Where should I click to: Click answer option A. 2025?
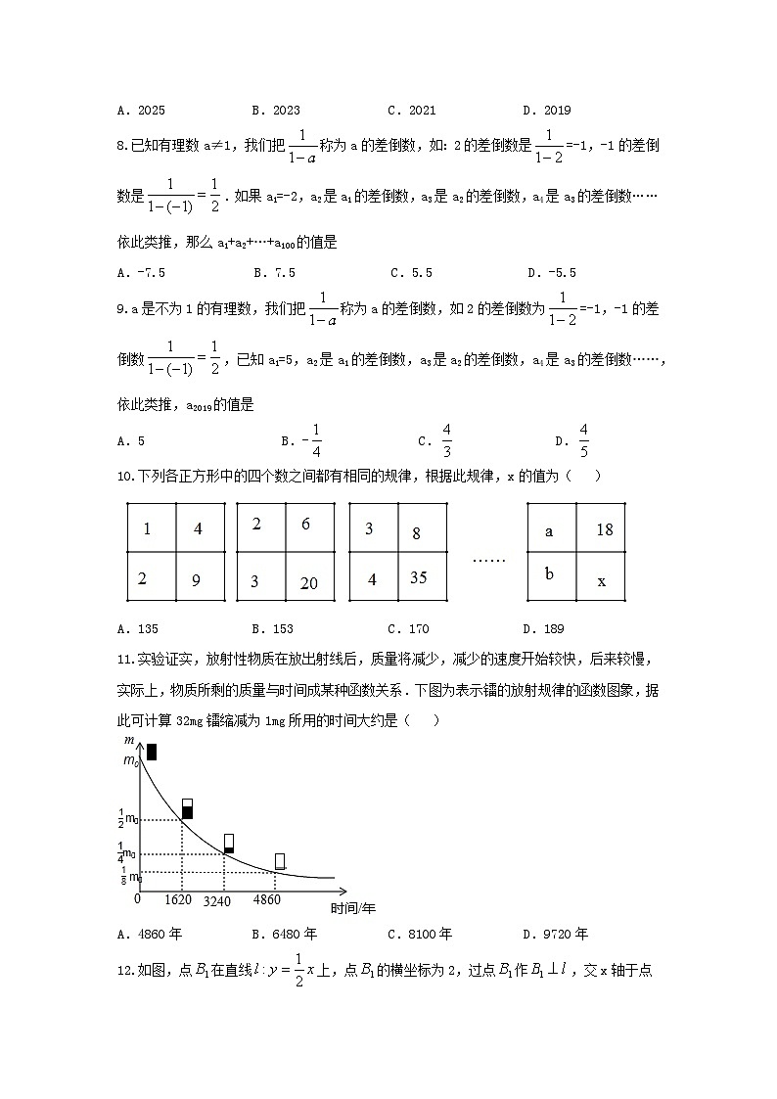click(140, 111)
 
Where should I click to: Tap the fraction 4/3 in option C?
click(446, 440)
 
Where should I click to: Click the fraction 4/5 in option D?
click(583, 440)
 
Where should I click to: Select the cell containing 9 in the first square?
click(201, 576)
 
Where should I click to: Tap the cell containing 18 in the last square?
click(601, 528)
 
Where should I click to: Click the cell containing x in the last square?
click(601, 576)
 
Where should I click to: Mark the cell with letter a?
click(550, 528)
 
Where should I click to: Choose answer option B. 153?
click(274, 628)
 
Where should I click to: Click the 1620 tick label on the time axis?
click(177, 899)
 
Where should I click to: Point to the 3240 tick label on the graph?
click(217, 900)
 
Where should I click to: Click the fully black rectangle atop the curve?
click(152, 752)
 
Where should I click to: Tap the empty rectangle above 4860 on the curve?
click(280, 860)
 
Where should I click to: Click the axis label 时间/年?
click(353, 908)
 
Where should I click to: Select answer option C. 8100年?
click(420, 933)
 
